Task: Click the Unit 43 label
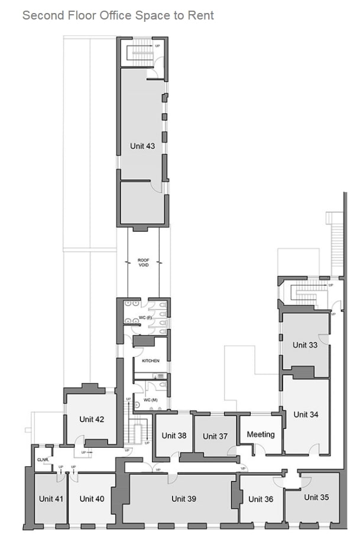(142, 146)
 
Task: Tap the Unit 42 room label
(92, 419)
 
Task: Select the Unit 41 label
(51, 499)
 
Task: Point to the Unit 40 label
(92, 499)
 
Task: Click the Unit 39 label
(183, 499)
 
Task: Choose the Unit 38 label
(174, 435)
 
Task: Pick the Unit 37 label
(215, 437)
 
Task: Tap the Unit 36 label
(261, 499)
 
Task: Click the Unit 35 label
(316, 497)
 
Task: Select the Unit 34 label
(306, 415)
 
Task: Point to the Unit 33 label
(304, 345)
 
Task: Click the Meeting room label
(261, 434)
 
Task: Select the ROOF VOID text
(144, 263)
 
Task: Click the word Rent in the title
(200, 15)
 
